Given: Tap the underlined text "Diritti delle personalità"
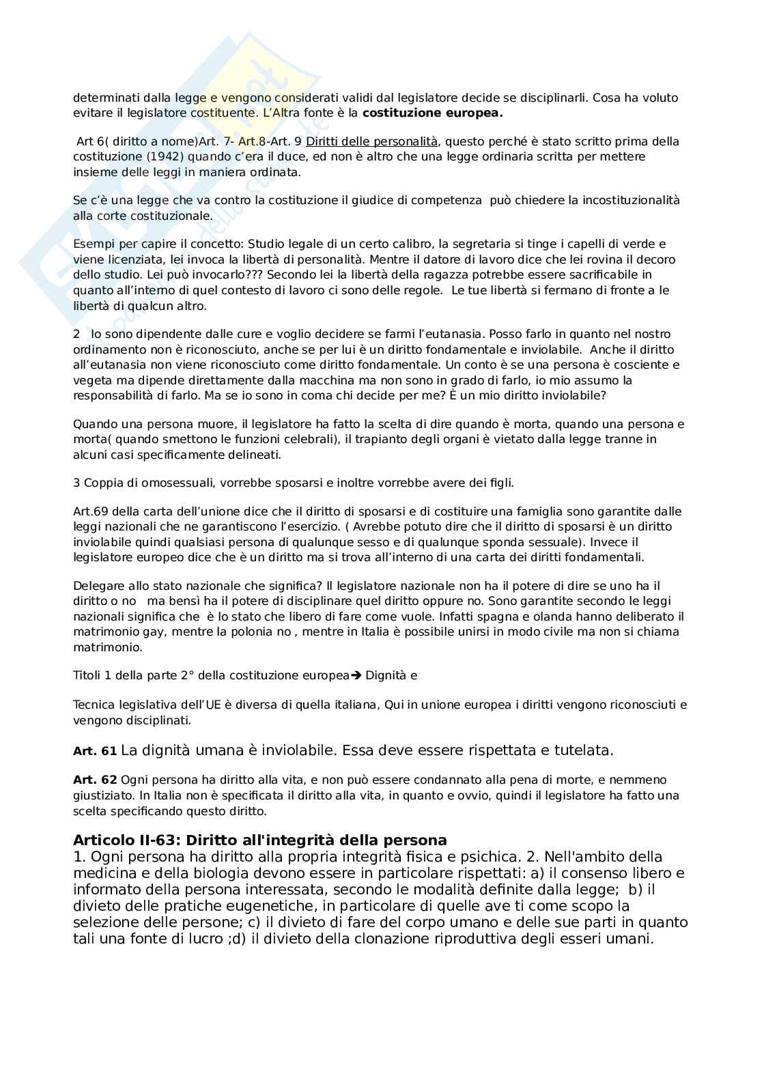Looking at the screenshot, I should coord(371,141).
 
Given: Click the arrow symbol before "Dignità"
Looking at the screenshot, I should coord(356,676).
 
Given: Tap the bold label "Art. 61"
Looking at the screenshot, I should coord(95,752).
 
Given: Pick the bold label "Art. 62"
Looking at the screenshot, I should coord(95,780).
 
